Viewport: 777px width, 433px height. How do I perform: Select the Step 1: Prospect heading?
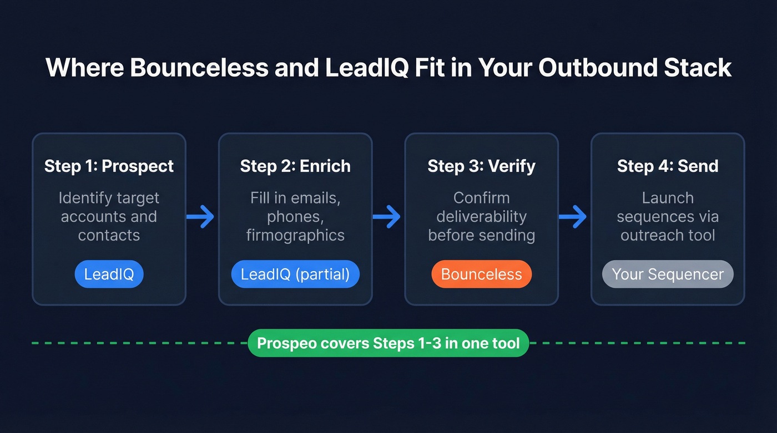click(x=109, y=166)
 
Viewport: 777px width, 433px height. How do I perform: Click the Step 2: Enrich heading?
click(x=295, y=166)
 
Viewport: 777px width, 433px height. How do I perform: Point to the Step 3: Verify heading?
click(x=481, y=166)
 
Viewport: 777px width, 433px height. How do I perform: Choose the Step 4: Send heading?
click(x=668, y=166)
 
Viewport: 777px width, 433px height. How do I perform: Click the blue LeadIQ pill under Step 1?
click(x=109, y=274)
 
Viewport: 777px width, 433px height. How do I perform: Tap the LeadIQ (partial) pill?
click(x=295, y=274)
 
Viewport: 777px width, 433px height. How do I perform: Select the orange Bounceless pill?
click(x=481, y=274)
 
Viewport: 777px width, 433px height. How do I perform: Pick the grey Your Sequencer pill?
click(x=668, y=274)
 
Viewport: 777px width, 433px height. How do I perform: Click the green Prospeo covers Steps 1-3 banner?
click(x=388, y=343)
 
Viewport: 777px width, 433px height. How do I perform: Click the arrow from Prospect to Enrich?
click(x=201, y=216)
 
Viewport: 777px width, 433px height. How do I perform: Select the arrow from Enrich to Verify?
click(x=387, y=216)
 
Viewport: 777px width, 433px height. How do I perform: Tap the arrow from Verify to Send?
click(x=573, y=216)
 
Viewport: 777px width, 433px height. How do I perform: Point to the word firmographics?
click(x=295, y=235)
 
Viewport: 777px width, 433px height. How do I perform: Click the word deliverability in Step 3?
click(x=481, y=216)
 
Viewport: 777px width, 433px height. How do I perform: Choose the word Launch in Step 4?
click(x=668, y=198)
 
